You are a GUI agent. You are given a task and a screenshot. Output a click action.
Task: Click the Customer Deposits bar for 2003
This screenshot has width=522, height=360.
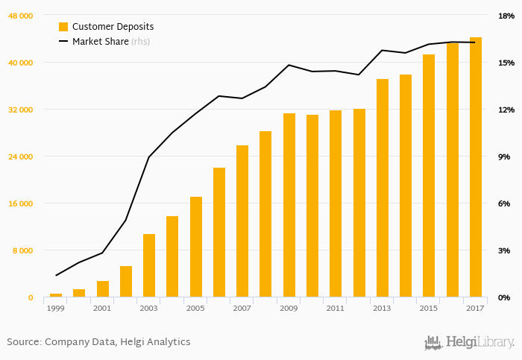click(x=149, y=266)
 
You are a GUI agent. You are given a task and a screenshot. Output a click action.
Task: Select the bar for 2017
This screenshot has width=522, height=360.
click(x=475, y=168)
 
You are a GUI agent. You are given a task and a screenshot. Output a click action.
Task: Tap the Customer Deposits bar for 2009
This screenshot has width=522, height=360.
click(x=289, y=206)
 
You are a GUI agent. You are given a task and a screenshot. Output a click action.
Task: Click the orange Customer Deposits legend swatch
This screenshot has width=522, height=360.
click(x=63, y=27)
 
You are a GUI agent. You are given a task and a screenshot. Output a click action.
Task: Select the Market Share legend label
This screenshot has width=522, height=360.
click(x=101, y=42)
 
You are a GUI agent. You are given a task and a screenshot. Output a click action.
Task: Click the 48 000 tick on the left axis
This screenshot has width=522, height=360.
click(x=21, y=16)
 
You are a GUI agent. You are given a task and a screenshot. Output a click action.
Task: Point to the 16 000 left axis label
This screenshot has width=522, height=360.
click(x=21, y=203)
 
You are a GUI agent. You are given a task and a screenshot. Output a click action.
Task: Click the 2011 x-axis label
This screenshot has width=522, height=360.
click(x=335, y=308)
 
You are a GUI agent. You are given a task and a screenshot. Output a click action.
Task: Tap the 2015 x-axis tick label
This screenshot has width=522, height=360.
click(x=428, y=308)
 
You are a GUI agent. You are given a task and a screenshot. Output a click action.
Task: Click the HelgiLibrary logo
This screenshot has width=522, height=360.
click(x=469, y=342)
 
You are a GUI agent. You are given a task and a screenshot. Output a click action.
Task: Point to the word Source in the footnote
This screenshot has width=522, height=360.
click(x=23, y=342)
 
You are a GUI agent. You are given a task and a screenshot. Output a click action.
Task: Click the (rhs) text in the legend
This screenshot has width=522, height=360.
click(x=140, y=42)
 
